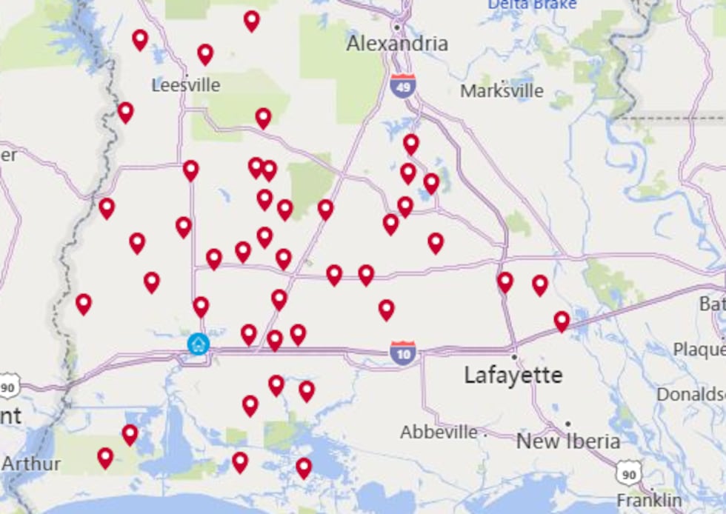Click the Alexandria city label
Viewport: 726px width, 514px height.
[x=397, y=44]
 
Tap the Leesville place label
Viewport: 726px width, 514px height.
[x=185, y=85]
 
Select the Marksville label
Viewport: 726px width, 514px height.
[x=502, y=91]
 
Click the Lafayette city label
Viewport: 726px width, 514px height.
[x=513, y=375]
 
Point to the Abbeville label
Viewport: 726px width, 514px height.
[x=439, y=432]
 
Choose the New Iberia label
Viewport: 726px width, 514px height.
[x=568, y=441]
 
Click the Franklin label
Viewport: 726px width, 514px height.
[x=649, y=499]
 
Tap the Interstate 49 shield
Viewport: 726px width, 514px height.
[x=402, y=84]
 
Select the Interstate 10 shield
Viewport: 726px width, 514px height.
[x=403, y=352]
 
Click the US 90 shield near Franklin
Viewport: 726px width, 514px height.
[x=629, y=471]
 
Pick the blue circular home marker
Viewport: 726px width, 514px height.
[x=198, y=344]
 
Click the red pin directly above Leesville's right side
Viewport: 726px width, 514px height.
[x=205, y=53]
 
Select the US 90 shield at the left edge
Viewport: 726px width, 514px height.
[x=8, y=385]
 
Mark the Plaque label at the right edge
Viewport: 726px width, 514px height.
[x=699, y=348]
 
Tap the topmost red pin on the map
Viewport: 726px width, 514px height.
[x=252, y=20]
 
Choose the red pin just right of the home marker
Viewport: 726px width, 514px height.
[x=248, y=334]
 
